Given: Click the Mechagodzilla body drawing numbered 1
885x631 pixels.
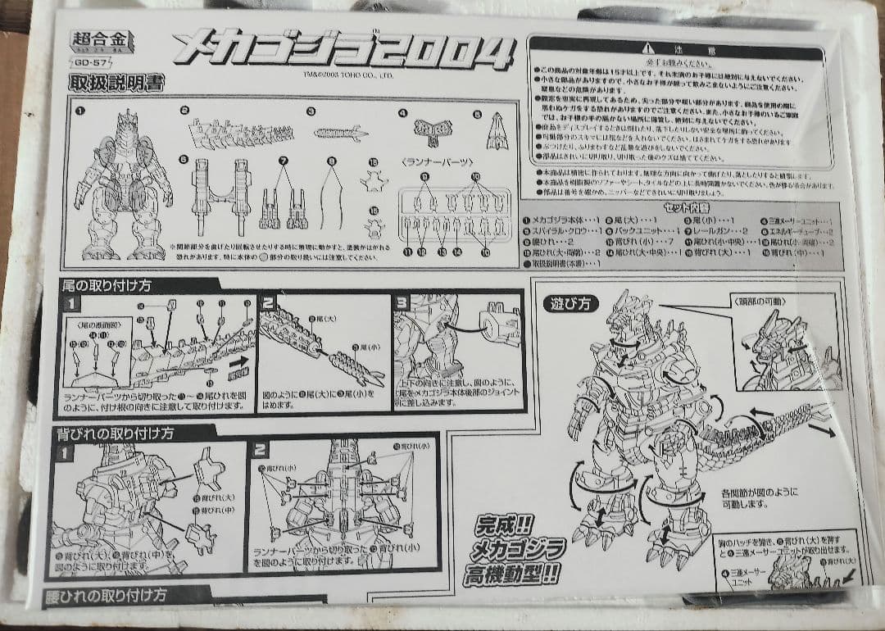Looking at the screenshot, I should point(123,184).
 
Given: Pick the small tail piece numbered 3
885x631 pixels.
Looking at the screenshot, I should point(341,132).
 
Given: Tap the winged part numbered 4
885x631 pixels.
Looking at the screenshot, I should point(428,129).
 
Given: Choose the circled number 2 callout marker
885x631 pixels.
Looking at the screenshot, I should point(185,111).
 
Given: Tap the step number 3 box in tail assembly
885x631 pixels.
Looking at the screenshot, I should point(401,302).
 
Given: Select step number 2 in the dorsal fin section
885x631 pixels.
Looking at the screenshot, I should point(260,449).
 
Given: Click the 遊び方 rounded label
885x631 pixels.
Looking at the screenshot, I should point(566,302).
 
